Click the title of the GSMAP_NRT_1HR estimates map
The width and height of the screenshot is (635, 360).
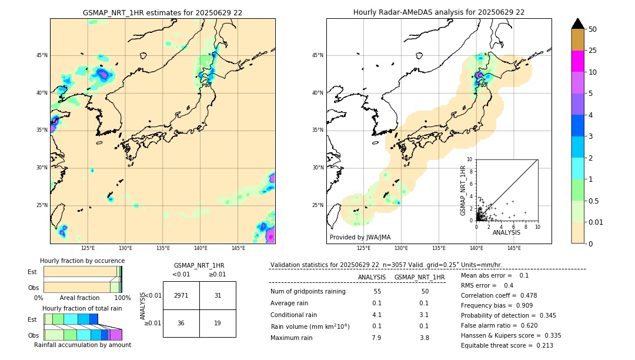pos(162,12)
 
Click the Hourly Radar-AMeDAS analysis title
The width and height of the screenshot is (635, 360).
pos(439,12)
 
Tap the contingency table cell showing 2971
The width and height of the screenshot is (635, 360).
pos(181,295)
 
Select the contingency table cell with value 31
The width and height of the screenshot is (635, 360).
pos(218,295)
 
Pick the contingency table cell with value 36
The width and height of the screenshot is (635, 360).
pos(181,323)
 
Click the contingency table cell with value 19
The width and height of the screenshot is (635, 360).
pos(218,323)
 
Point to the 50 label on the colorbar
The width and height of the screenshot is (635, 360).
pos(593,29)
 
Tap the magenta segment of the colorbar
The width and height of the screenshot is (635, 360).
pos(578,61)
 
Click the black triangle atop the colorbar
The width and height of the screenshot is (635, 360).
pos(578,24)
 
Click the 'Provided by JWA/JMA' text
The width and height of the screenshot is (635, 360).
pos(360,238)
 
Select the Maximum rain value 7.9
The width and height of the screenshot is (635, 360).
pos(376,338)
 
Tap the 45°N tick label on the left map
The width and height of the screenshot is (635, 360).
pos(42,55)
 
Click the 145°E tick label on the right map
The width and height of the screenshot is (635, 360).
pos(514,248)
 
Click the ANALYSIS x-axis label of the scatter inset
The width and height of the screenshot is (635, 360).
pos(506,232)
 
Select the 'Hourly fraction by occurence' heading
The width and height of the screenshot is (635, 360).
pos(82,261)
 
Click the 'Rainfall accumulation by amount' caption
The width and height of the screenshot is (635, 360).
pos(82,345)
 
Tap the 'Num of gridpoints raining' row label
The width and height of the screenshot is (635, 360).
pos(308,292)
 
